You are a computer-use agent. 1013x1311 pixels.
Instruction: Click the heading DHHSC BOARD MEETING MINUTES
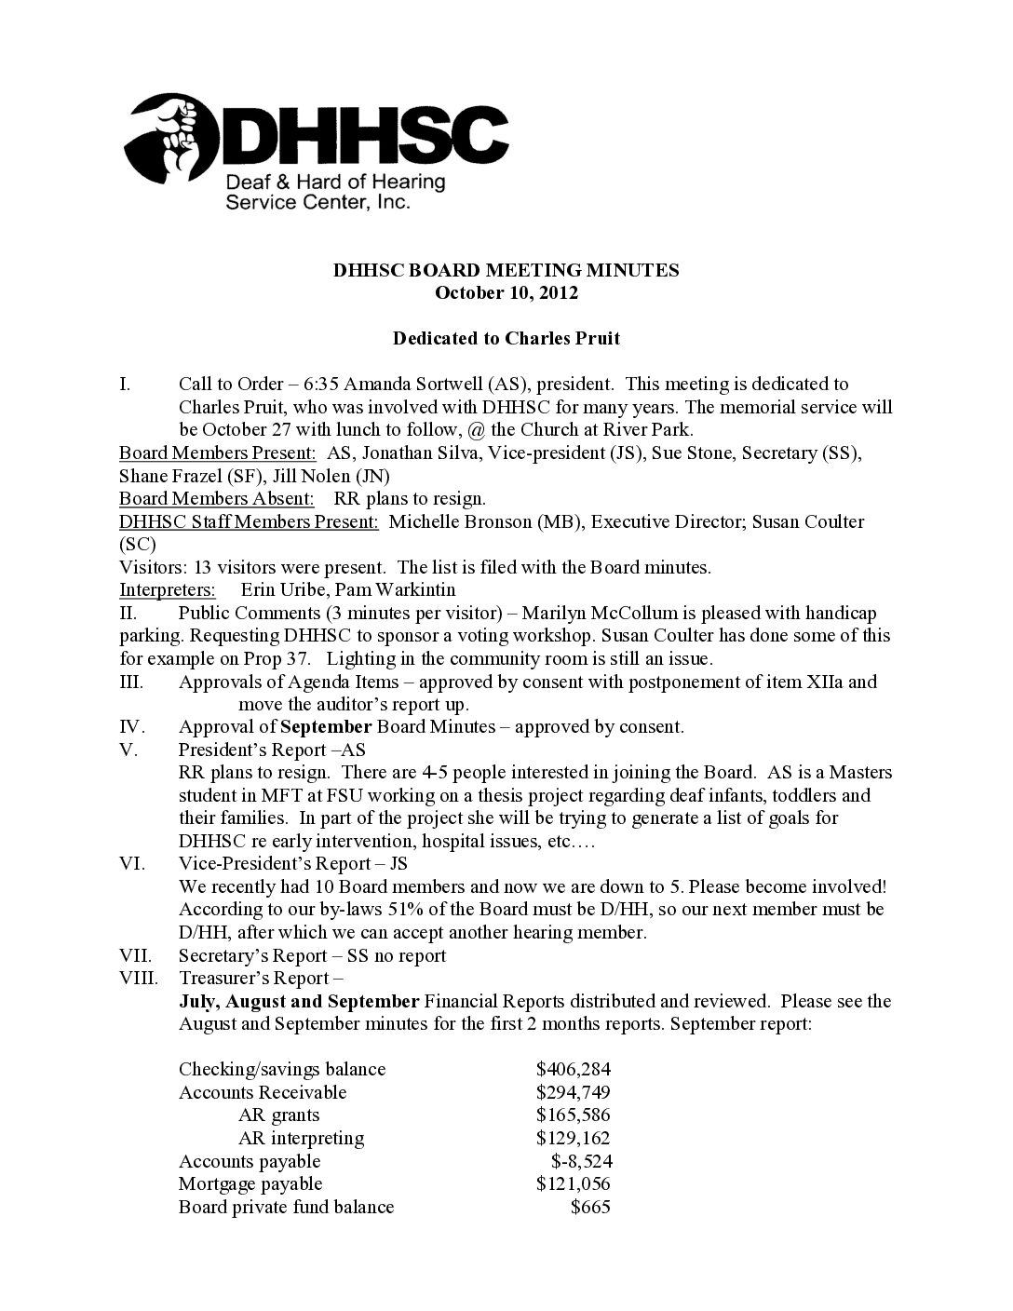(x=506, y=270)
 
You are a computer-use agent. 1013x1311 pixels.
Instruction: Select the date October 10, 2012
(x=506, y=293)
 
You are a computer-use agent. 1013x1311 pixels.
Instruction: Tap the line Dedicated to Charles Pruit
(x=506, y=339)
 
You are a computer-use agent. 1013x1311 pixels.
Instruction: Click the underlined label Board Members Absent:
(x=217, y=498)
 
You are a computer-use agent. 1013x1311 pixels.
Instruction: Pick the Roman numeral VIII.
(x=140, y=978)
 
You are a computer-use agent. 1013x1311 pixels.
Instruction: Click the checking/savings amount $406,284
(x=574, y=1069)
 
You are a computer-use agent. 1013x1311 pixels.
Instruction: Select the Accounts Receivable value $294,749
(x=574, y=1092)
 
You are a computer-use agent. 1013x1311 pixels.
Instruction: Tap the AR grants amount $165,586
(x=574, y=1115)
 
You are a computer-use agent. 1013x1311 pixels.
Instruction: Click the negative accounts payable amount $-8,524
(x=581, y=1161)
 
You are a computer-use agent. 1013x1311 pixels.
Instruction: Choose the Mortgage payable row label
(x=250, y=1183)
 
